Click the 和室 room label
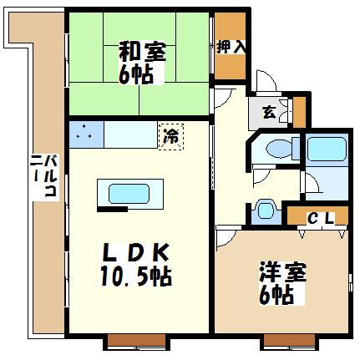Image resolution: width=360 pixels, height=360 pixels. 142,52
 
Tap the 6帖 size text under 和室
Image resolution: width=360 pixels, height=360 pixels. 136,74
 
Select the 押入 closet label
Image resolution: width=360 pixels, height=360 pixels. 231,47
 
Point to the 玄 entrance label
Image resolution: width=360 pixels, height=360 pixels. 269,113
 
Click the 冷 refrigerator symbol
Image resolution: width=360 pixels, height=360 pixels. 171,137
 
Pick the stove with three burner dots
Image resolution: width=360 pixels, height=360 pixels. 86,134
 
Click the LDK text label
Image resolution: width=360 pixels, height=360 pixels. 136,252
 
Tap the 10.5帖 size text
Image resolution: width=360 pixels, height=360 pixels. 136,276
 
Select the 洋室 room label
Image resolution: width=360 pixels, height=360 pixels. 282,272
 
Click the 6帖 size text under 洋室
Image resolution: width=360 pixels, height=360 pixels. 276,295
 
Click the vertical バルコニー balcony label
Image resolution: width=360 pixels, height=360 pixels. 45,176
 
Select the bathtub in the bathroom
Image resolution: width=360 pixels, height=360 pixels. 327,150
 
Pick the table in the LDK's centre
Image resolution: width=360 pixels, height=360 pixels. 130,195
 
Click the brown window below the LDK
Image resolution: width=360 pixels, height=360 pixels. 137,342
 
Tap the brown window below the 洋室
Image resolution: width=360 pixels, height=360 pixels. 290,342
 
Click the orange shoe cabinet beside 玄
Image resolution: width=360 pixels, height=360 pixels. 300,113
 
